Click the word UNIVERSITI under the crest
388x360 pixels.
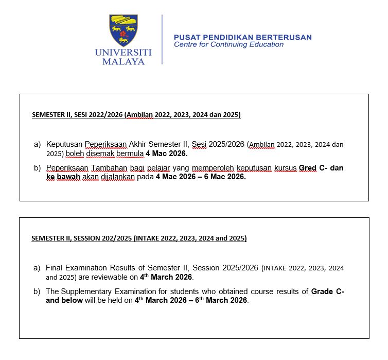[x=123, y=52]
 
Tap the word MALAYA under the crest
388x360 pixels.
[x=123, y=62]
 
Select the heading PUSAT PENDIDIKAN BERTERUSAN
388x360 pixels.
[x=242, y=37]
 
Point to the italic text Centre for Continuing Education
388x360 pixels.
[x=228, y=45]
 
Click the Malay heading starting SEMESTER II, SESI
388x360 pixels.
[x=136, y=114]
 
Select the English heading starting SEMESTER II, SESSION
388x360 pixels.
[x=139, y=238]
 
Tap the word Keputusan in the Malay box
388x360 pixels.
[x=64, y=144]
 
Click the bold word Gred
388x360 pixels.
[x=308, y=168]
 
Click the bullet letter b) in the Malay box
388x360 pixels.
[x=37, y=168]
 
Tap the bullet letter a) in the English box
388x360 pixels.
[x=37, y=268]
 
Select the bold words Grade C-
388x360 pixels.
[x=328, y=292]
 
